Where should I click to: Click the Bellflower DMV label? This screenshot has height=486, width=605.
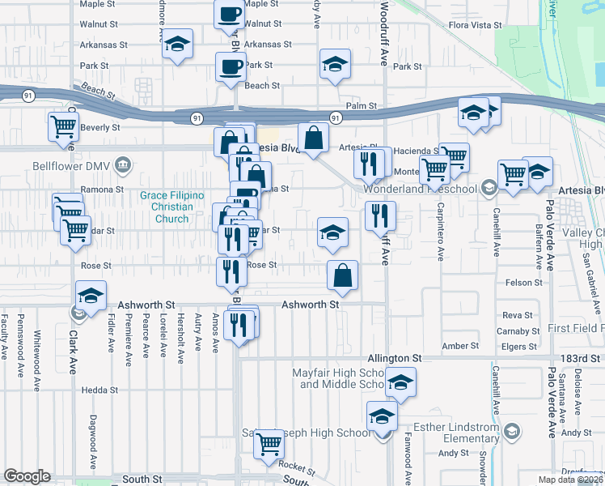70,167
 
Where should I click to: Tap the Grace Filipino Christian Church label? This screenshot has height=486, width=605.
171,207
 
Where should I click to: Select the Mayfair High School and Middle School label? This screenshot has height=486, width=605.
341,378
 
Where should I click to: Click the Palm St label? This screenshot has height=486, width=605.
362,105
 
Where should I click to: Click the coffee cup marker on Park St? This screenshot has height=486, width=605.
231,66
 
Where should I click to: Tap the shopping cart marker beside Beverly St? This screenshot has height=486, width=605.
64,126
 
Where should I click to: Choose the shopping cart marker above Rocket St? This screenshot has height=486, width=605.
269,443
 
